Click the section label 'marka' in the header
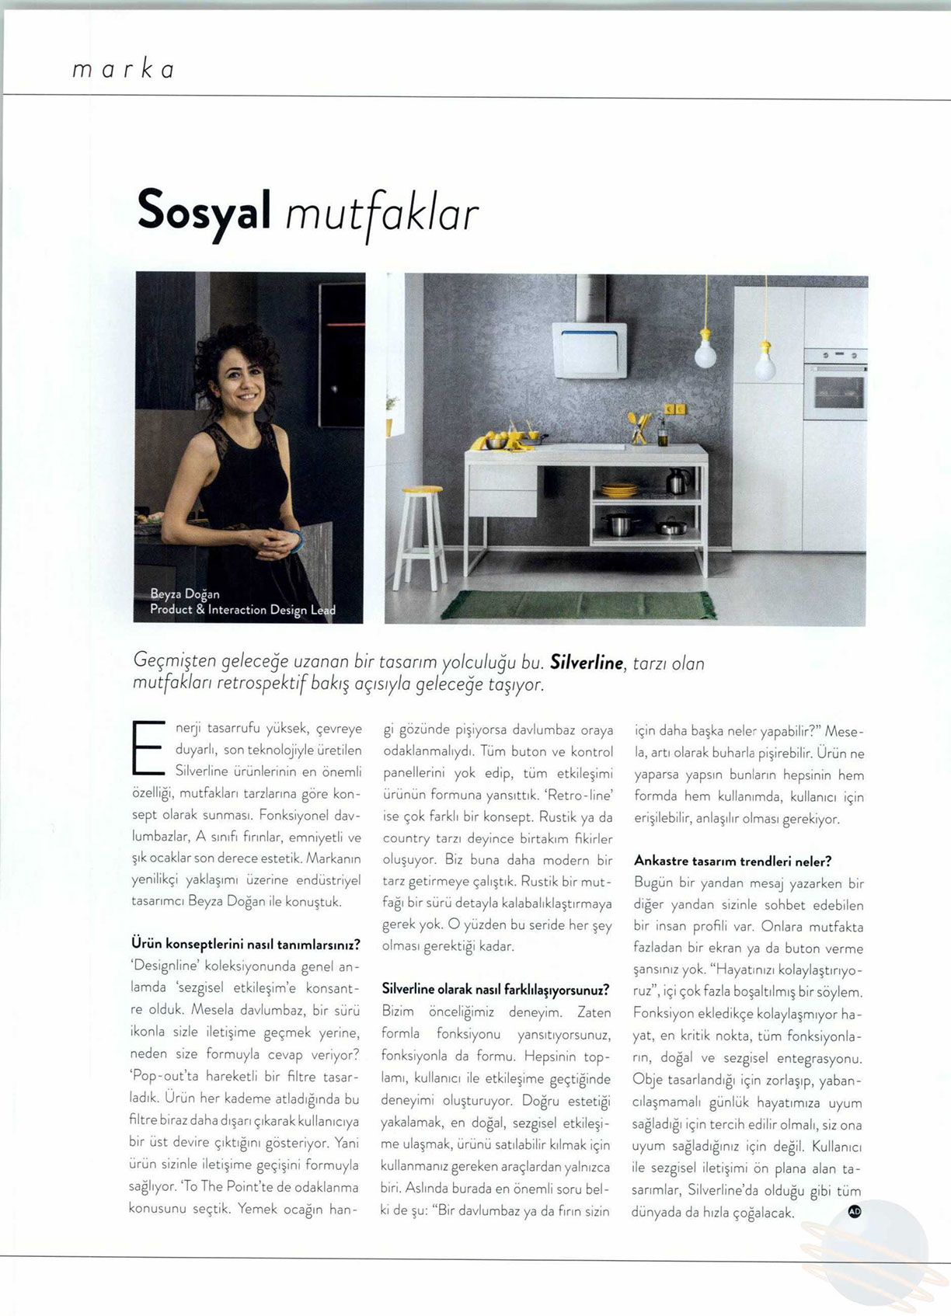pyautogui.click(x=123, y=70)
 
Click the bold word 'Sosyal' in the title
pyautogui.click(x=204, y=211)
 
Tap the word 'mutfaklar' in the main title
pyautogui.click(x=381, y=214)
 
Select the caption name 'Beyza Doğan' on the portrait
pyautogui.click(x=185, y=594)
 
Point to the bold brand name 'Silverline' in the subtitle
pyautogui.click(x=587, y=663)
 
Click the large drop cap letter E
pyautogui.click(x=148, y=748)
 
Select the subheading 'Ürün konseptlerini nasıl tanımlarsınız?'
pyautogui.click(x=246, y=945)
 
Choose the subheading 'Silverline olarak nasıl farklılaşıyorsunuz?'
pyautogui.click(x=496, y=990)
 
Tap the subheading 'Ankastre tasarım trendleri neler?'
pyautogui.click(x=733, y=861)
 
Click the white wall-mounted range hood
pyautogui.click(x=589, y=350)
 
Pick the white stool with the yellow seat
pyautogui.click(x=420, y=536)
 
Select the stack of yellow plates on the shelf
pyautogui.click(x=619, y=490)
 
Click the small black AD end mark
pyautogui.click(x=855, y=1210)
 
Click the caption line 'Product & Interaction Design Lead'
pyautogui.click(x=242, y=610)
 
